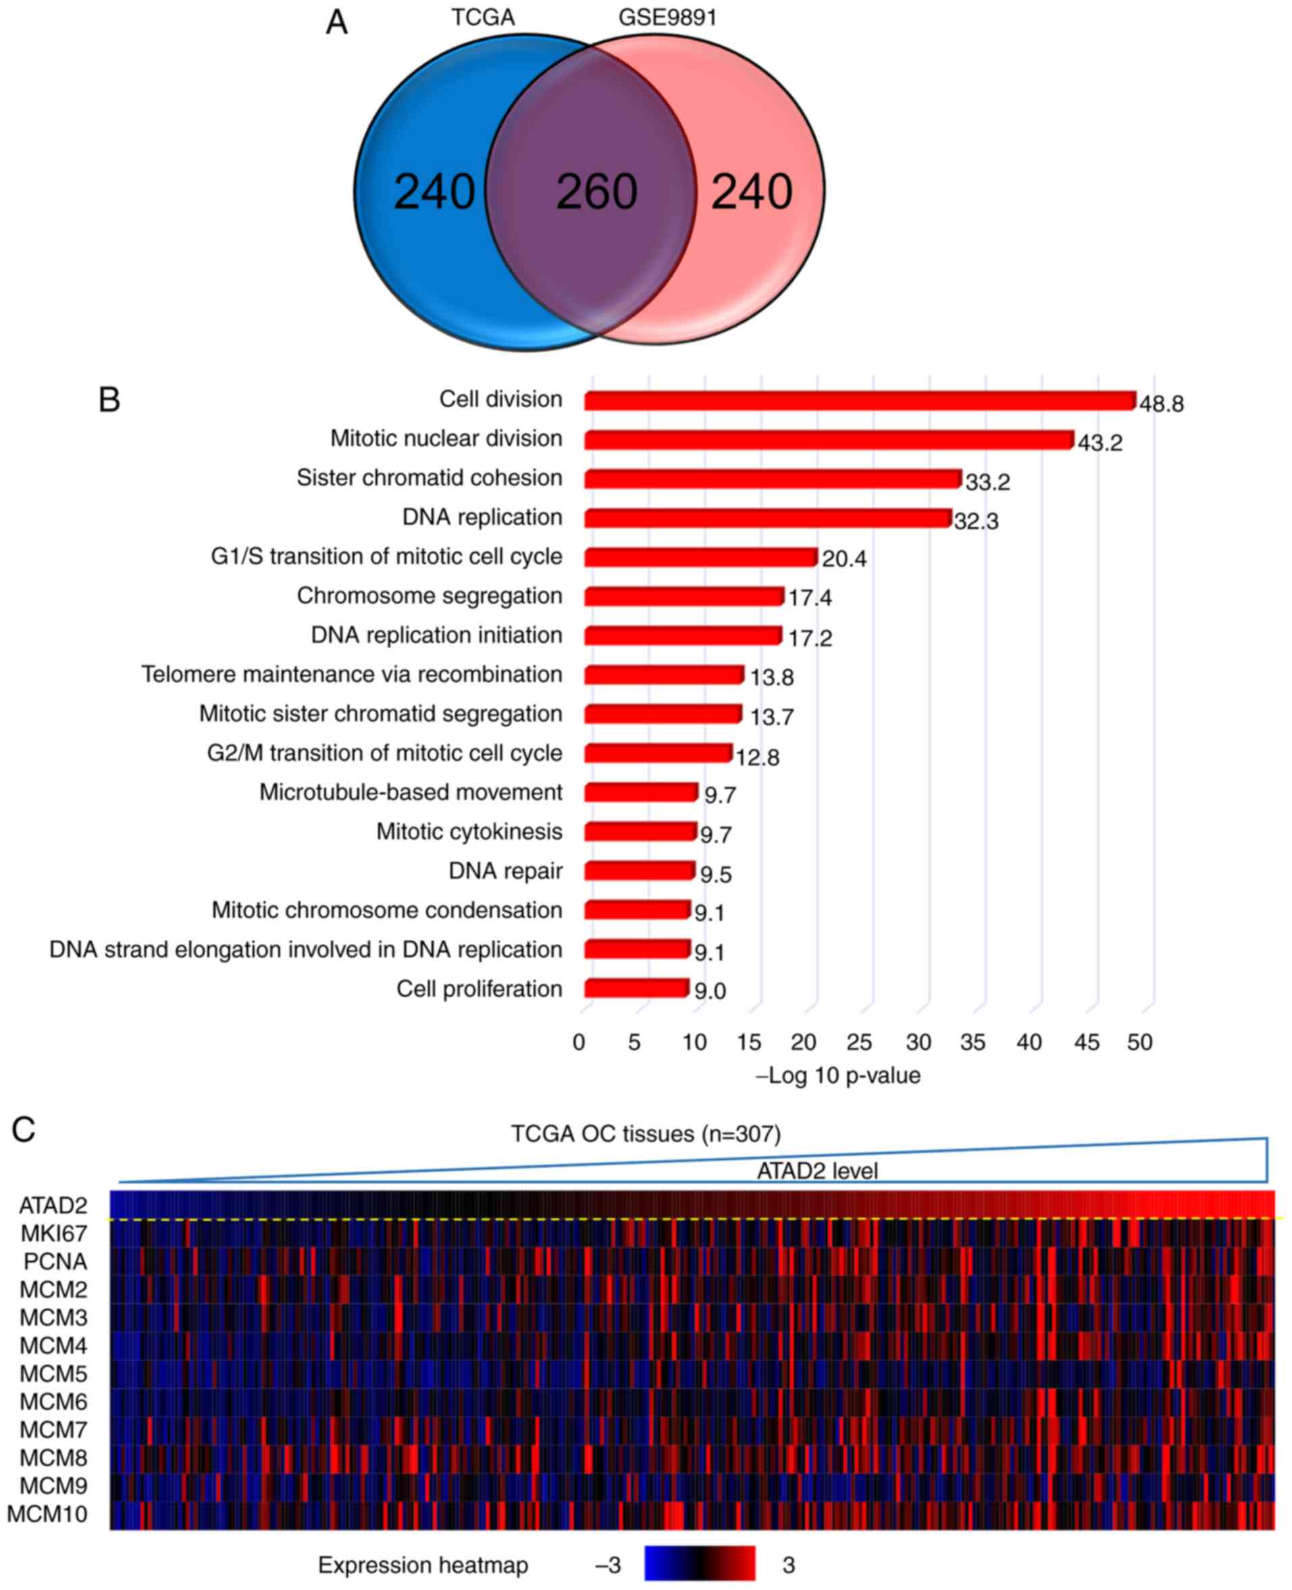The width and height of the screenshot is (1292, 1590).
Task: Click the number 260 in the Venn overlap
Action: pos(596,191)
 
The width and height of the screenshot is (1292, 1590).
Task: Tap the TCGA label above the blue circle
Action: pos(482,17)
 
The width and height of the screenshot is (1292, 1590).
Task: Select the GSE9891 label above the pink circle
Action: pos(667,17)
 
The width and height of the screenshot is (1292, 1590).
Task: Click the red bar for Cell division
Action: pos(860,401)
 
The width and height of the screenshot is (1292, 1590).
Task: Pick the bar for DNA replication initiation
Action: pos(683,636)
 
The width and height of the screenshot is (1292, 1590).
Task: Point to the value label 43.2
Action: pos(1100,444)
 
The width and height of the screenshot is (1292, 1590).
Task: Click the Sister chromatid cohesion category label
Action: pos(430,477)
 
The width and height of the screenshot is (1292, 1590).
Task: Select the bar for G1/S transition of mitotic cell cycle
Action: pos(700,557)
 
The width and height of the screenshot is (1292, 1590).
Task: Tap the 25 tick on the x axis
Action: pos(859,1042)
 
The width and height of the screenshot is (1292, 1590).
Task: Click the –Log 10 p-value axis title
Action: pos(839,1076)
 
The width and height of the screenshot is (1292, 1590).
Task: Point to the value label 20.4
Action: pos(844,559)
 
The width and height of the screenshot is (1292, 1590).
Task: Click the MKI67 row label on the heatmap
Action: pos(53,1234)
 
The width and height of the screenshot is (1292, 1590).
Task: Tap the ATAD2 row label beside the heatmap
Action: pos(53,1205)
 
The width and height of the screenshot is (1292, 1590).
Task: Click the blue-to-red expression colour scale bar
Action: pos(700,1563)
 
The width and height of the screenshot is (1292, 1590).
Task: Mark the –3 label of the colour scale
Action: pos(607,1566)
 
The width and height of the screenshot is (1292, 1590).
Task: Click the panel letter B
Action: pos(109,400)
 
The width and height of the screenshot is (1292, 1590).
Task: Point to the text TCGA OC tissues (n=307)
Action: pos(645,1134)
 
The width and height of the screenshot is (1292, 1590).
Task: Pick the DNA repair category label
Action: pos(505,871)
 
